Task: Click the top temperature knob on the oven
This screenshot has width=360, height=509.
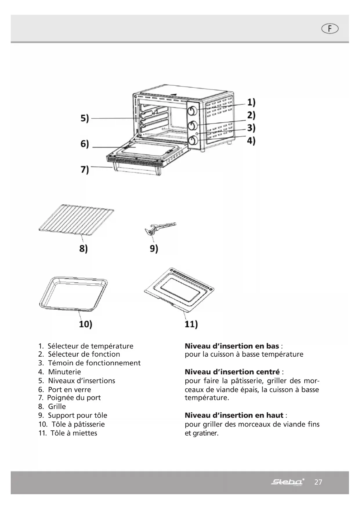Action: [193, 111]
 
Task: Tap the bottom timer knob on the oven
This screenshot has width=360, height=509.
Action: [193, 141]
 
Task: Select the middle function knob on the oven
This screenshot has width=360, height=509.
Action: [193, 125]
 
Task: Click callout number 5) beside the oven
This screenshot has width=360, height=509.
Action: [85, 118]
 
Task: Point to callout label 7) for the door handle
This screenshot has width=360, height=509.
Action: [85, 169]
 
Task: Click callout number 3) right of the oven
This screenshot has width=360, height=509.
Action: [251, 128]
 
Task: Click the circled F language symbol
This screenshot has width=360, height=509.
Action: [330, 29]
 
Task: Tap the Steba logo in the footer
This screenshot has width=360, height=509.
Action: [287, 482]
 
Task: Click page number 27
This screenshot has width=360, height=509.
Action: [318, 482]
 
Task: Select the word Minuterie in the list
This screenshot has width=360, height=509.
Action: [64, 372]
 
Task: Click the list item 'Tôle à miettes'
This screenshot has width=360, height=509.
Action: [74, 433]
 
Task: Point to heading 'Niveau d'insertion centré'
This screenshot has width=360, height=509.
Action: [232, 372]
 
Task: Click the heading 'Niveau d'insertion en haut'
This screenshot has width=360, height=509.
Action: [234, 415]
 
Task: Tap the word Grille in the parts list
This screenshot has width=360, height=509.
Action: [57, 406]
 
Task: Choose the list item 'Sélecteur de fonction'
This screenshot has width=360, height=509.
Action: [84, 354]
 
